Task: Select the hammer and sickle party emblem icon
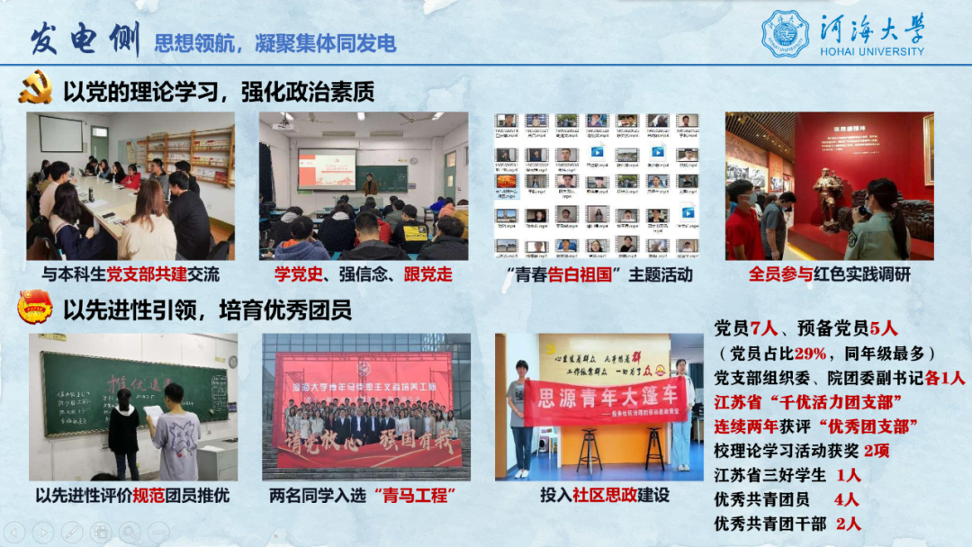coord(36,91)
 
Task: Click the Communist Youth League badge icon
coord(36,309)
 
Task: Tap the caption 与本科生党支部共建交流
coord(130,274)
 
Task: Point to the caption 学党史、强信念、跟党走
coord(363,274)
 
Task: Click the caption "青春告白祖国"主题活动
coord(598,274)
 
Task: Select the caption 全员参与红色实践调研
coord(829,274)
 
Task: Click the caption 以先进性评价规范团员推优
coord(132,494)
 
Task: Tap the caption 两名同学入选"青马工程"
coord(364,494)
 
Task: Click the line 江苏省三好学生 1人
coord(786,474)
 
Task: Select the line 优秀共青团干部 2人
coord(786,523)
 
